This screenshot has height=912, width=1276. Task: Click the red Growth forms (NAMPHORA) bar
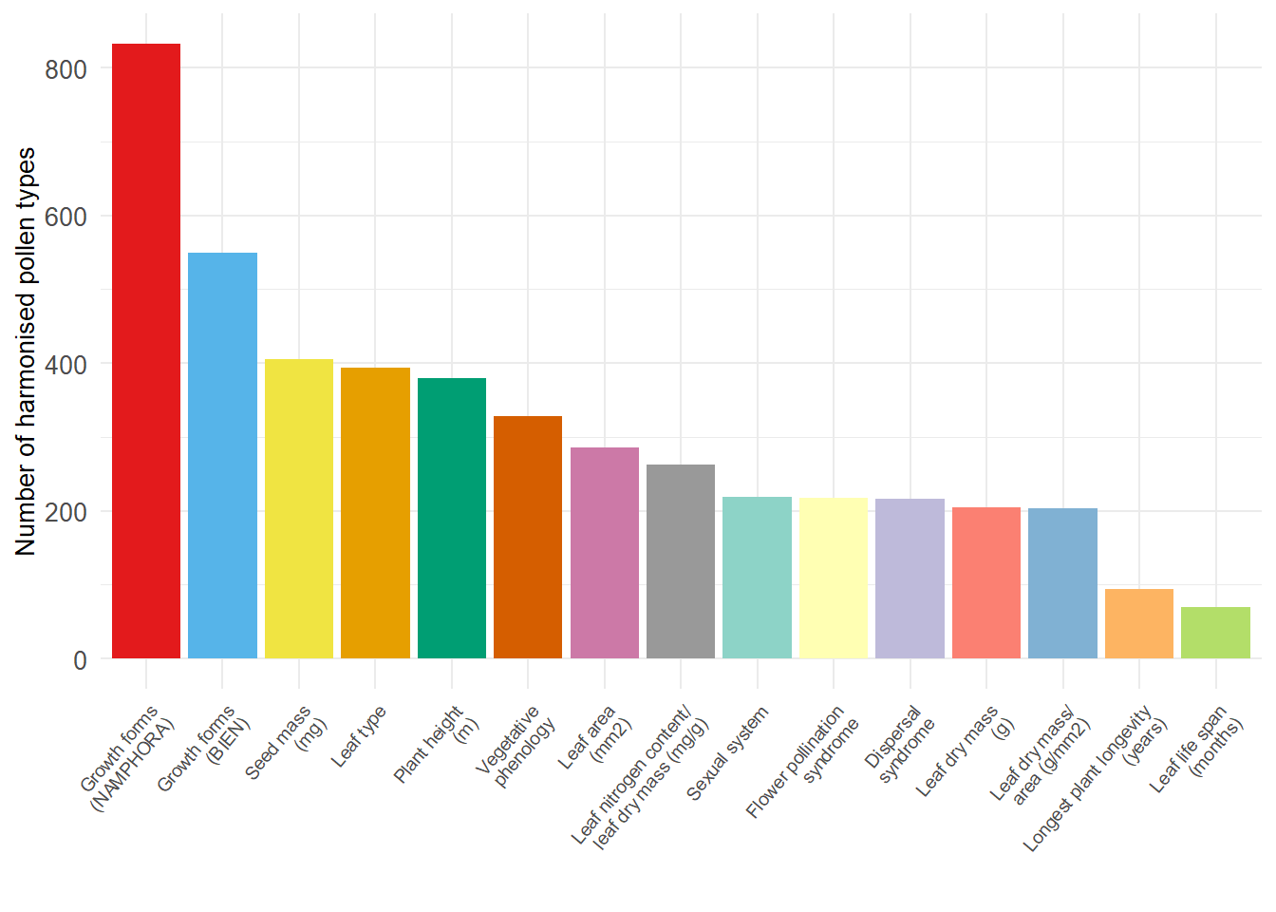(x=146, y=351)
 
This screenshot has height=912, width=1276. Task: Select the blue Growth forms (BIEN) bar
(x=222, y=456)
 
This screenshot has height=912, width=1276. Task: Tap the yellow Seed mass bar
(x=299, y=509)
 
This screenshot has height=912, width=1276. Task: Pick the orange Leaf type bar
(x=375, y=513)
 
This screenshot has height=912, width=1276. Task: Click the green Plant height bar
(x=452, y=519)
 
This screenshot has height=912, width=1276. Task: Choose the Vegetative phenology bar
(x=528, y=538)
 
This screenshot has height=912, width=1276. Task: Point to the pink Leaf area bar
(x=605, y=553)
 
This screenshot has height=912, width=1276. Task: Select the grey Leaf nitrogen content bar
(x=681, y=561)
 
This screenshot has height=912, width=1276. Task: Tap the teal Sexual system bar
(x=757, y=578)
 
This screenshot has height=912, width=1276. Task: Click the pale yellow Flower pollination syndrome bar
(x=834, y=579)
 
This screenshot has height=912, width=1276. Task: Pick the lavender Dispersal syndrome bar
(x=910, y=579)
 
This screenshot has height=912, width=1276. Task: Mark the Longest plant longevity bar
(x=1139, y=624)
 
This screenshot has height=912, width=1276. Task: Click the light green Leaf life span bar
(x=1215, y=633)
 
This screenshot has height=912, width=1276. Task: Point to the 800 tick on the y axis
(x=66, y=69)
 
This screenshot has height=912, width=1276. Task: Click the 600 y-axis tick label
(x=66, y=217)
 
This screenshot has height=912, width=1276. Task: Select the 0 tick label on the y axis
(x=80, y=660)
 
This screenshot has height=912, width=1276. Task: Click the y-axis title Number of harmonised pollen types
(x=26, y=351)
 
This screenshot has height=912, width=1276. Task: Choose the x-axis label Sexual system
(x=727, y=753)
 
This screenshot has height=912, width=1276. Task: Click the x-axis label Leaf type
(x=359, y=737)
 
